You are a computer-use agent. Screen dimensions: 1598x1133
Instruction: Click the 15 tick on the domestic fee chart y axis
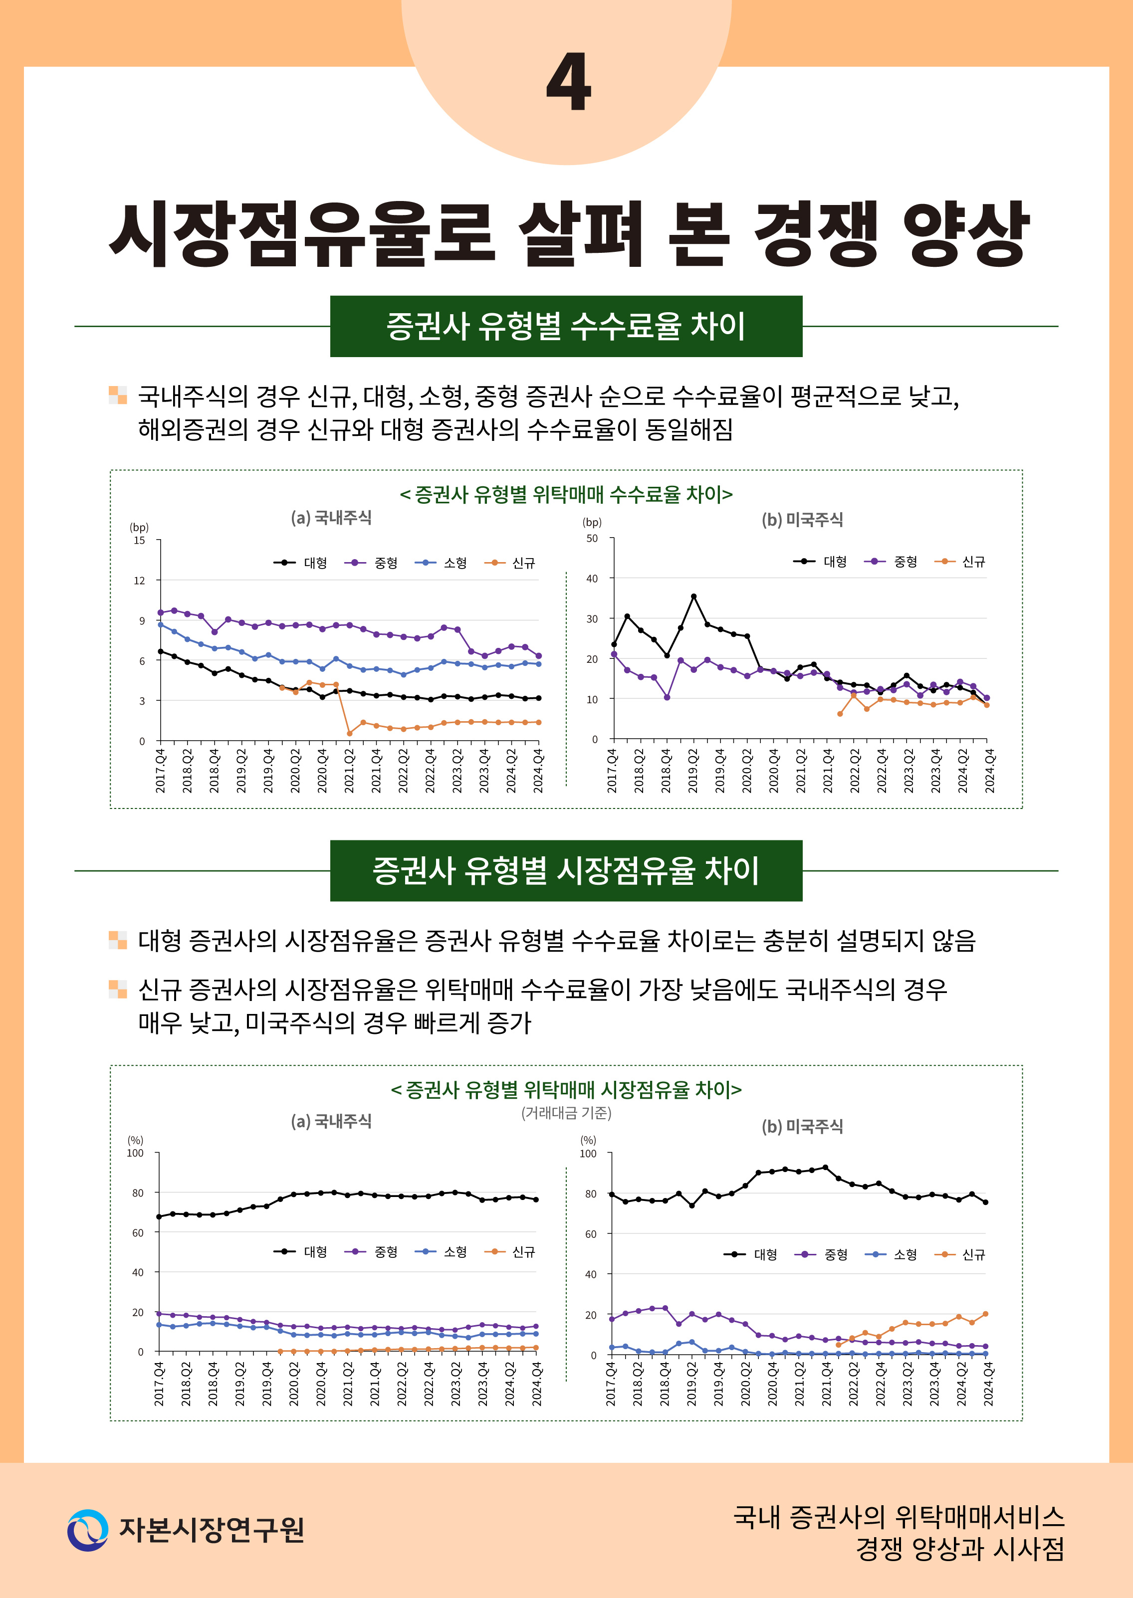[x=140, y=540]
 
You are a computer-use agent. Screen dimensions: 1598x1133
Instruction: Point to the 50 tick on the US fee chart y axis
[x=592, y=539]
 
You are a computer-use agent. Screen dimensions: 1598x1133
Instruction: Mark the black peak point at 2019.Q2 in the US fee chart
[x=693, y=597]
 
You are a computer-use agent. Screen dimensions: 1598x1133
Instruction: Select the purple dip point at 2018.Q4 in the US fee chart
[x=667, y=697]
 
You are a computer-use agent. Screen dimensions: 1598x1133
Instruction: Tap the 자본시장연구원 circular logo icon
[x=87, y=1530]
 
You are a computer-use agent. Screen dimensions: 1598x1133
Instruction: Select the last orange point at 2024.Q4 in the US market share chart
[x=985, y=1314]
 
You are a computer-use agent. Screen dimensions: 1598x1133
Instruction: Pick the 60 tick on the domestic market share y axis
[x=138, y=1232]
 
